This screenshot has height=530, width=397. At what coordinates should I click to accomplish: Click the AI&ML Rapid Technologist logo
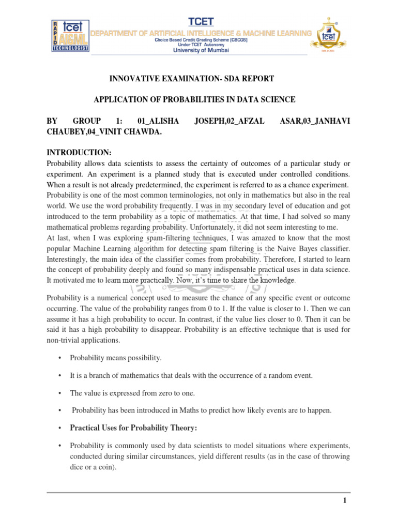pyautogui.click(x=70, y=36)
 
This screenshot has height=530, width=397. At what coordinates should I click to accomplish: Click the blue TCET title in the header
pyautogui.click(x=201, y=21)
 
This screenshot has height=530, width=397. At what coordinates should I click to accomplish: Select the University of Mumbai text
pyautogui.click(x=201, y=50)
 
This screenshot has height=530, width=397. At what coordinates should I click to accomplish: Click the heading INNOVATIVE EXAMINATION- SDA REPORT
pyautogui.click(x=191, y=79)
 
